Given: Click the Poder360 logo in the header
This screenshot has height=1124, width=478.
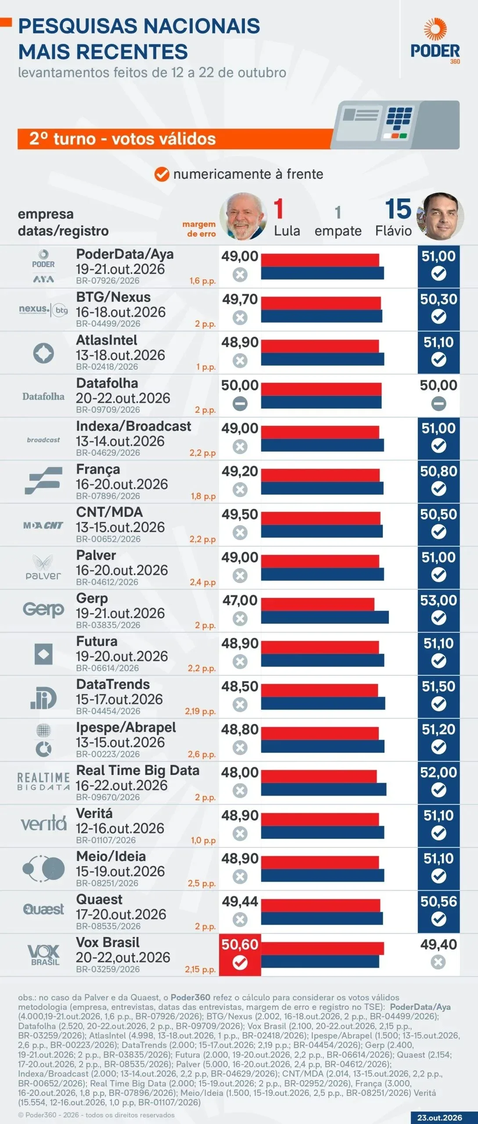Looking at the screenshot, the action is (435, 41).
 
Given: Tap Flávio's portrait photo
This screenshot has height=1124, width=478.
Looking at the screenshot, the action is (440, 216).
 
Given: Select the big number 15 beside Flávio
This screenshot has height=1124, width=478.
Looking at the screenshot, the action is (398, 209).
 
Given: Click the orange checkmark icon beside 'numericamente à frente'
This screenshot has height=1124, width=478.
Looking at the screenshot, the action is (162, 174).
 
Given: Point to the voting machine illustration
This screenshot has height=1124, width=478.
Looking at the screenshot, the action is (396, 125).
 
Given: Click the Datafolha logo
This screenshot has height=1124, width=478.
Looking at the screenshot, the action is (43, 396).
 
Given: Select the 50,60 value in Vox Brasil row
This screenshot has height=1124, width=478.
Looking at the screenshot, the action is (240, 944).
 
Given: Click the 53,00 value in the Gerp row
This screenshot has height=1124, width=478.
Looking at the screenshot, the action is (438, 600).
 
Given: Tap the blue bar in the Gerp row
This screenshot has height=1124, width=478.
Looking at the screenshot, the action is (325, 617).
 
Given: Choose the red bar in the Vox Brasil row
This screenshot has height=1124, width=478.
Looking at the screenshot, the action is (323, 948).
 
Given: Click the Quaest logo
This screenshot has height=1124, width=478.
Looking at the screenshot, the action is (43, 909).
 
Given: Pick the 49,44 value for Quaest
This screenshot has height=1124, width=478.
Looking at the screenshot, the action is (240, 901).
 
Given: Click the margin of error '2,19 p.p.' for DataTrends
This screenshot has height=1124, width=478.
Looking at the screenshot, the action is (200, 711).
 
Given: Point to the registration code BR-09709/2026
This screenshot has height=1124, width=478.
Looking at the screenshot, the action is (108, 410).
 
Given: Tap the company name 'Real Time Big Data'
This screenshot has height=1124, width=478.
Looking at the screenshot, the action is (138, 770).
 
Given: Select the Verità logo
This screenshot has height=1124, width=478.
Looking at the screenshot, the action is (43, 824).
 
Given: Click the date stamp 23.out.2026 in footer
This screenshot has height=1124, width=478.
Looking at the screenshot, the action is (439, 1118).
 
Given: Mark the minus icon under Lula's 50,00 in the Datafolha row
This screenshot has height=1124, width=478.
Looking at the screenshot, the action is (240, 403).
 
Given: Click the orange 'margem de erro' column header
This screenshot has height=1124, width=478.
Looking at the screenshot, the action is (199, 229).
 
